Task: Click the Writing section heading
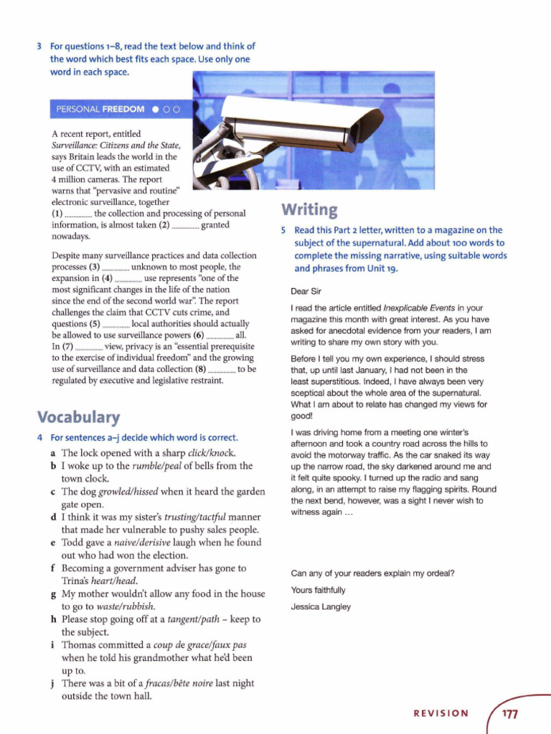pos(309,209)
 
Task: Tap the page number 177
pos(510,714)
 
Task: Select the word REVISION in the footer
pos(441,714)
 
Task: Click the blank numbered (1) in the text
pos(78,214)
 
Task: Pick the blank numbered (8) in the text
pos(221,370)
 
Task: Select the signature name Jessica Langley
pos(321,606)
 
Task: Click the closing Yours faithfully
pos(318,590)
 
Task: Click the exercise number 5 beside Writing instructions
pos(284,230)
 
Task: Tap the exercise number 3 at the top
pos(39,47)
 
